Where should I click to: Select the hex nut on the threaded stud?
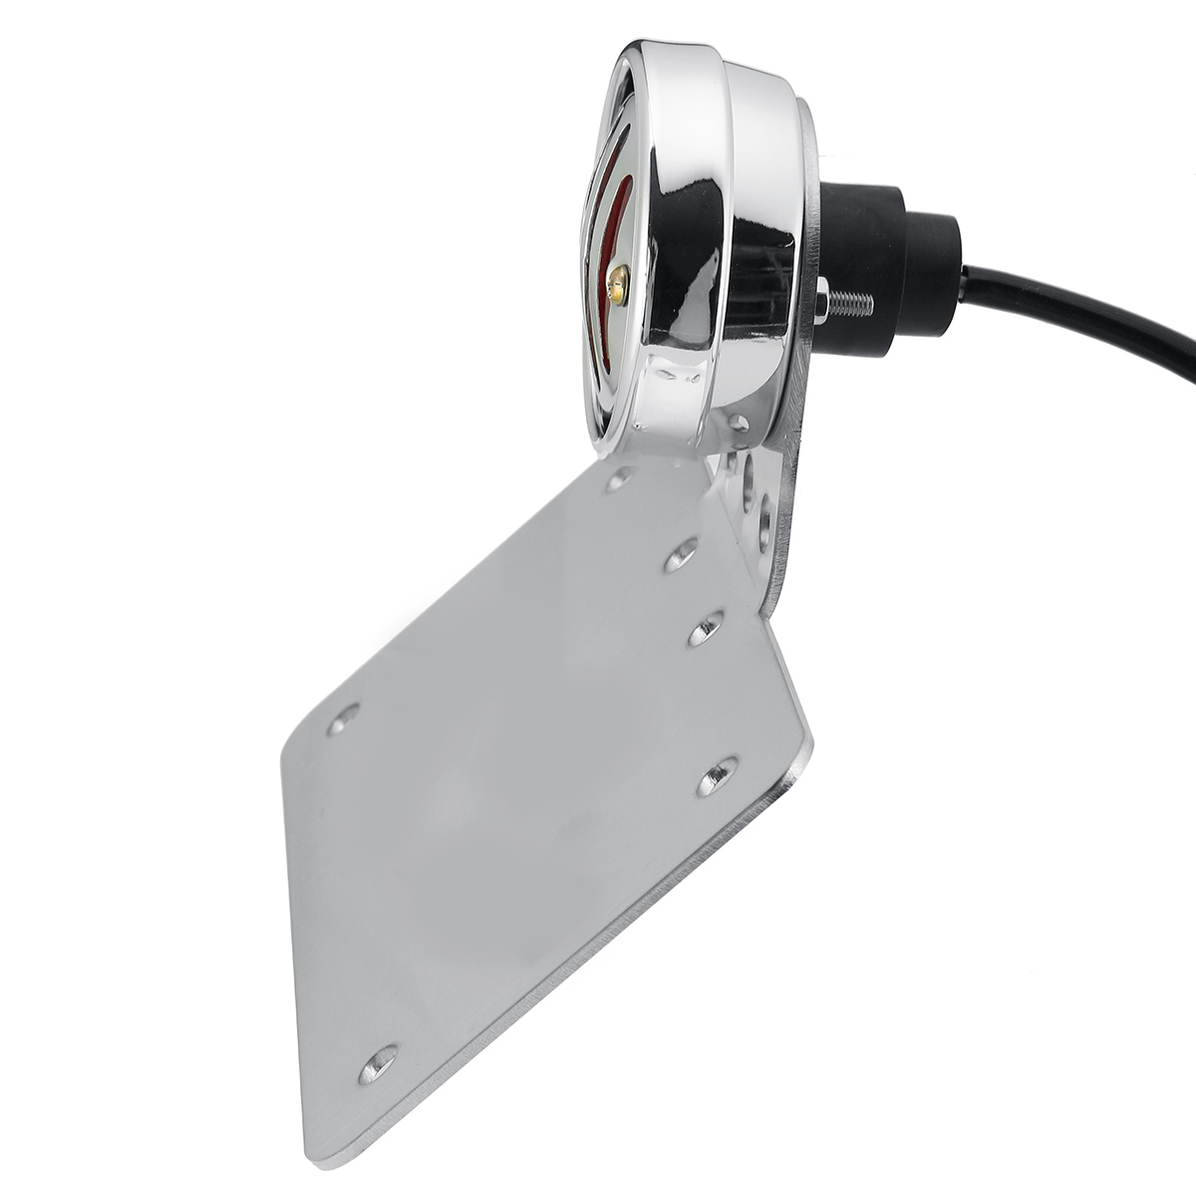coord(820,298)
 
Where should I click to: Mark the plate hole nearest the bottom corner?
coord(378,1063)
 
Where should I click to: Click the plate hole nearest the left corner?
coord(343,718)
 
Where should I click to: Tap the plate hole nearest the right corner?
coord(716,775)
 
